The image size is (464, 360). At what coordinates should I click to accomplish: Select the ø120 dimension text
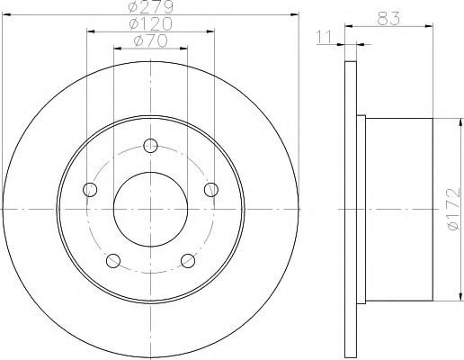point(150,24)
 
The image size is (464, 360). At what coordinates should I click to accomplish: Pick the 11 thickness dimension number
point(326,37)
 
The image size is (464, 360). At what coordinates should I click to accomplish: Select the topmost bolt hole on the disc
point(150,146)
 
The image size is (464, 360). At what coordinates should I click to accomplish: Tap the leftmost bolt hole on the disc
point(89,189)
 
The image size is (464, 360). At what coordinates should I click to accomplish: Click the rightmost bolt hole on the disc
point(211,189)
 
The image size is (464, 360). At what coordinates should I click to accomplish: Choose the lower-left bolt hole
point(112,260)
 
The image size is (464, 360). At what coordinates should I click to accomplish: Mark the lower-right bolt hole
point(188,260)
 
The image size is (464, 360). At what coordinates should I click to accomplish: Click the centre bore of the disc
point(150,209)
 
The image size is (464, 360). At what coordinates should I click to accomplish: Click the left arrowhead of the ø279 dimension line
point(6,16)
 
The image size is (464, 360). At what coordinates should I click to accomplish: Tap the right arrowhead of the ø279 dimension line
point(293,16)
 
